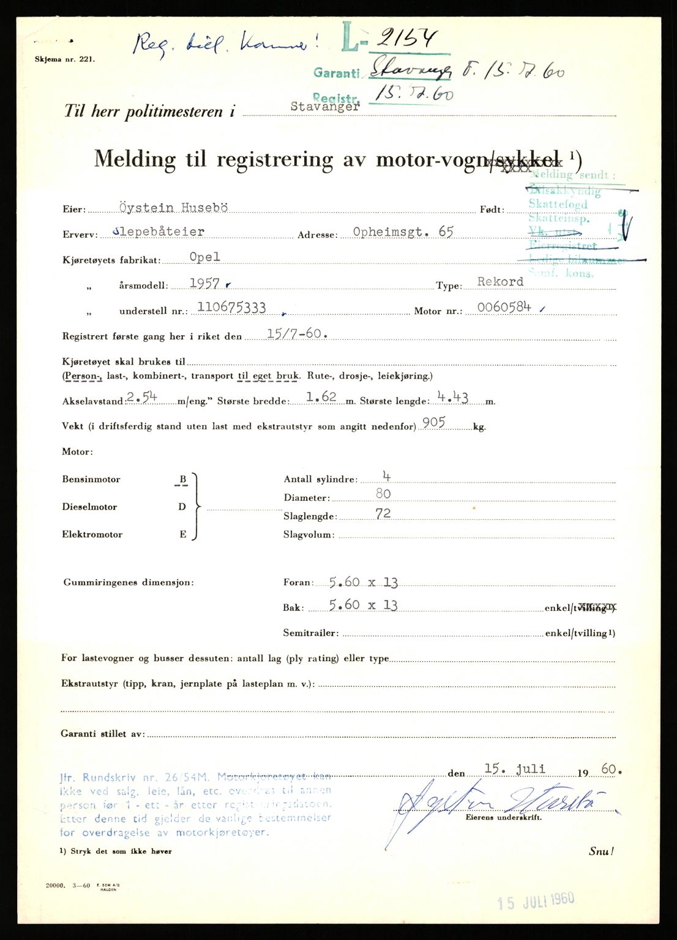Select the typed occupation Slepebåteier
click(x=159, y=232)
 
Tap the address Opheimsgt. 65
click(x=403, y=232)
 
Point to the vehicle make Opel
click(x=204, y=257)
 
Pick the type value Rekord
click(x=500, y=282)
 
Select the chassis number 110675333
click(x=231, y=308)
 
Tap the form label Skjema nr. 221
click(x=65, y=59)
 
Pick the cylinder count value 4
click(x=386, y=476)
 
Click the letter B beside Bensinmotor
click(x=182, y=479)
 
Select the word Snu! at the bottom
click(x=601, y=851)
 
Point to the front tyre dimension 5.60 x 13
click(x=363, y=582)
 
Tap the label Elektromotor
click(x=92, y=534)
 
